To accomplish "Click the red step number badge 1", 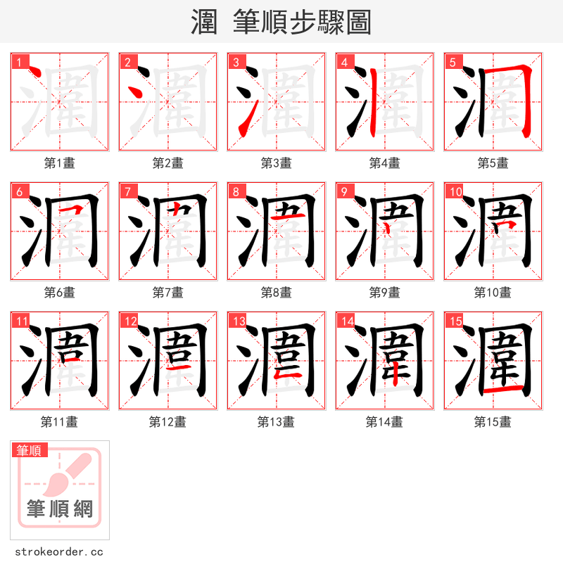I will [x=19, y=62].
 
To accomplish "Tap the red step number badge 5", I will [x=453, y=62].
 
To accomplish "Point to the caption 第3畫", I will [x=276, y=163].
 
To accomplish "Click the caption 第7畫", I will [x=167, y=293].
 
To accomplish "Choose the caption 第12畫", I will [x=167, y=422].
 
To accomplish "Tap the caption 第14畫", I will [x=384, y=422].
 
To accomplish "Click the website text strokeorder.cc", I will [x=58, y=552].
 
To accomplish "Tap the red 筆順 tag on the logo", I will [x=30, y=450].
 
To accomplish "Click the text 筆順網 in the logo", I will [x=60, y=508].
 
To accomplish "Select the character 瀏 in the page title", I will [x=204, y=23].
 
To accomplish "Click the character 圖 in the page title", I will [x=358, y=23].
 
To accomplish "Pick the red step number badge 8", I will [x=236, y=191].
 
